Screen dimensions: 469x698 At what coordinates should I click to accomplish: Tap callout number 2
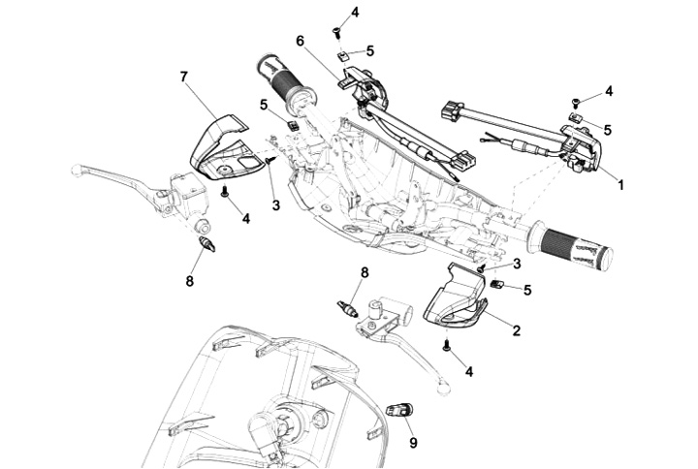coord(517,330)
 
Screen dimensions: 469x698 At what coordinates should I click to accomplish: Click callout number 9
coord(413,443)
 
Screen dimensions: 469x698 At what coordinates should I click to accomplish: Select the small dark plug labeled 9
coord(397,409)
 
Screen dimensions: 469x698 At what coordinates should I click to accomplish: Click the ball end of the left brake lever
coord(77,171)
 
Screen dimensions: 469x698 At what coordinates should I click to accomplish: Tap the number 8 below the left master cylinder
coord(190,281)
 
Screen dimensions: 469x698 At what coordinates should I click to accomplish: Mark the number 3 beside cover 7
coord(275,205)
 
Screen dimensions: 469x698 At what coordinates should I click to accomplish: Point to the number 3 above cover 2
coord(517,263)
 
